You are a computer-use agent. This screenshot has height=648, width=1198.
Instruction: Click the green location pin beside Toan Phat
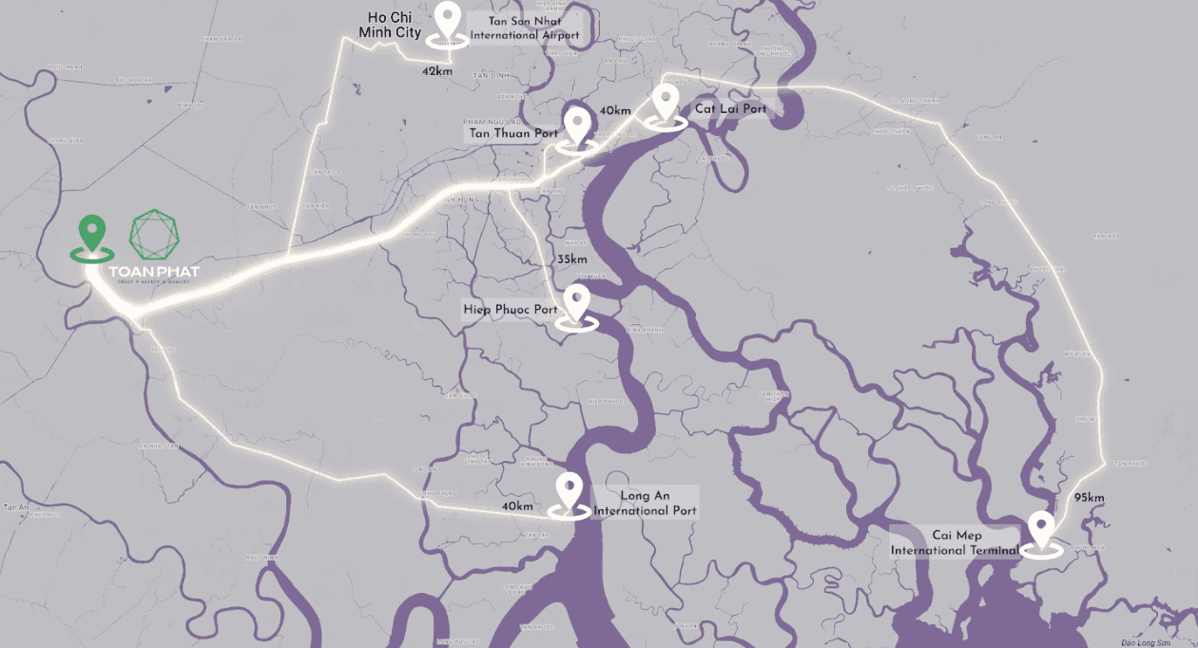[91, 234]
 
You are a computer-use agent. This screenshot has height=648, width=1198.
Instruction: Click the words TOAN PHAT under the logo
[155, 273]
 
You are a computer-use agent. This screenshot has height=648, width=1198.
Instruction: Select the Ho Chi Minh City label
[389, 26]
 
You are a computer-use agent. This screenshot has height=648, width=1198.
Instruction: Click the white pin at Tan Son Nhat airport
[447, 21]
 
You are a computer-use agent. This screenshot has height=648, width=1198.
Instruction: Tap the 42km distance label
[437, 71]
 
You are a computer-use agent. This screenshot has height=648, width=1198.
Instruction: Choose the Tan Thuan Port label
[512, 134]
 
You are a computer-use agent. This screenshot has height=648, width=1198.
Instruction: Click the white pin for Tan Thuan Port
[576, 124]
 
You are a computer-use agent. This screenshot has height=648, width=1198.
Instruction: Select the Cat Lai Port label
[730, 109]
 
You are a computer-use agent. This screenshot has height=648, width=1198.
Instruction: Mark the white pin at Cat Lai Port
[666, 102]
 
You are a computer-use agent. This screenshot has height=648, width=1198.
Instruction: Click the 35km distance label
[572, 259]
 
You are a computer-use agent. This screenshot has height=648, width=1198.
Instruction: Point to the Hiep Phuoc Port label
[511, 310]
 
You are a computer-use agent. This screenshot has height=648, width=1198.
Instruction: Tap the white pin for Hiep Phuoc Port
[576, 304]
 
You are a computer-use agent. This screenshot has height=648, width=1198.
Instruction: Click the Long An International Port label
[645, 503]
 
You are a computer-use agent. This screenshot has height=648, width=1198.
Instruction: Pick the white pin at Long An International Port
[570, 492]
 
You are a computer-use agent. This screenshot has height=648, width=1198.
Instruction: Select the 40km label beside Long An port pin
[517, 506]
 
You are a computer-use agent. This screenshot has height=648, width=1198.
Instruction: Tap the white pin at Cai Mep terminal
[1041, 530]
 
